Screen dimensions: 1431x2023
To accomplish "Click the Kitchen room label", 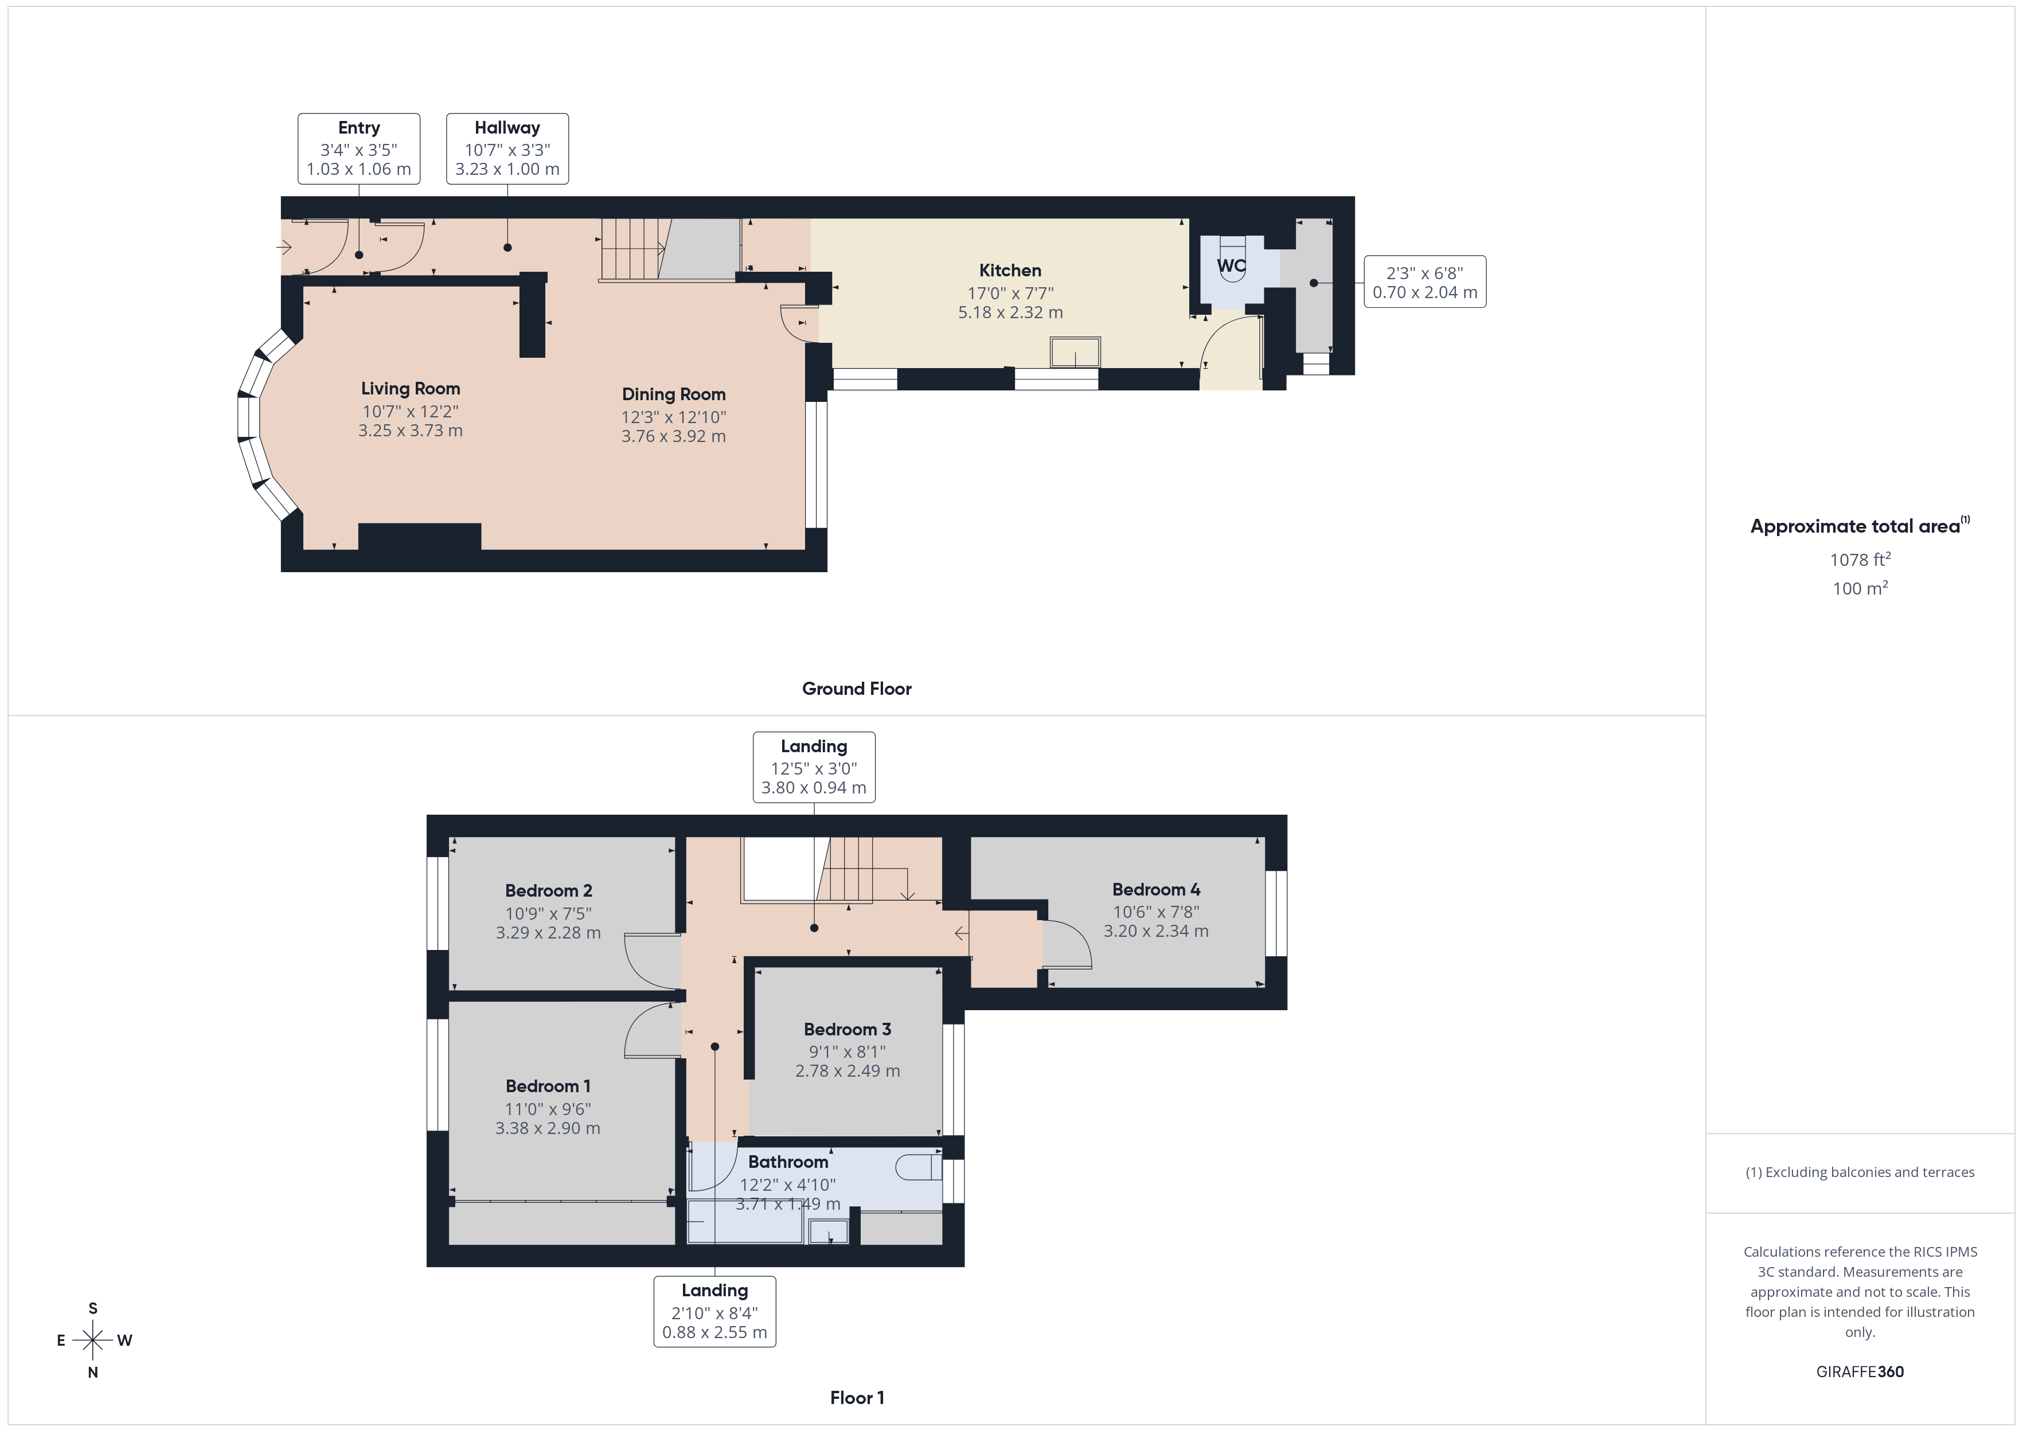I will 1010,271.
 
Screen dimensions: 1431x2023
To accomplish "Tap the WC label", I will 1231,265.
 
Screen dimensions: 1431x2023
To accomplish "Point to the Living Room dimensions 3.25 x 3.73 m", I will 410,431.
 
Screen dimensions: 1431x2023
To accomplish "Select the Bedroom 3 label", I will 847,1029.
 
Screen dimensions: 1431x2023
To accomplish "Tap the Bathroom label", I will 788,1162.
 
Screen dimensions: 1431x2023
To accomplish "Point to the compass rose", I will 92,1340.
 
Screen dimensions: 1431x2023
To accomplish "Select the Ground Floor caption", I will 857,689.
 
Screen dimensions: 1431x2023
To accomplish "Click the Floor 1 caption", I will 857,1398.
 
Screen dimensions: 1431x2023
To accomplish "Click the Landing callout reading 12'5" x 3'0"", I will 813,767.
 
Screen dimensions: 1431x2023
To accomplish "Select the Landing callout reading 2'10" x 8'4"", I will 714,1311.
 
